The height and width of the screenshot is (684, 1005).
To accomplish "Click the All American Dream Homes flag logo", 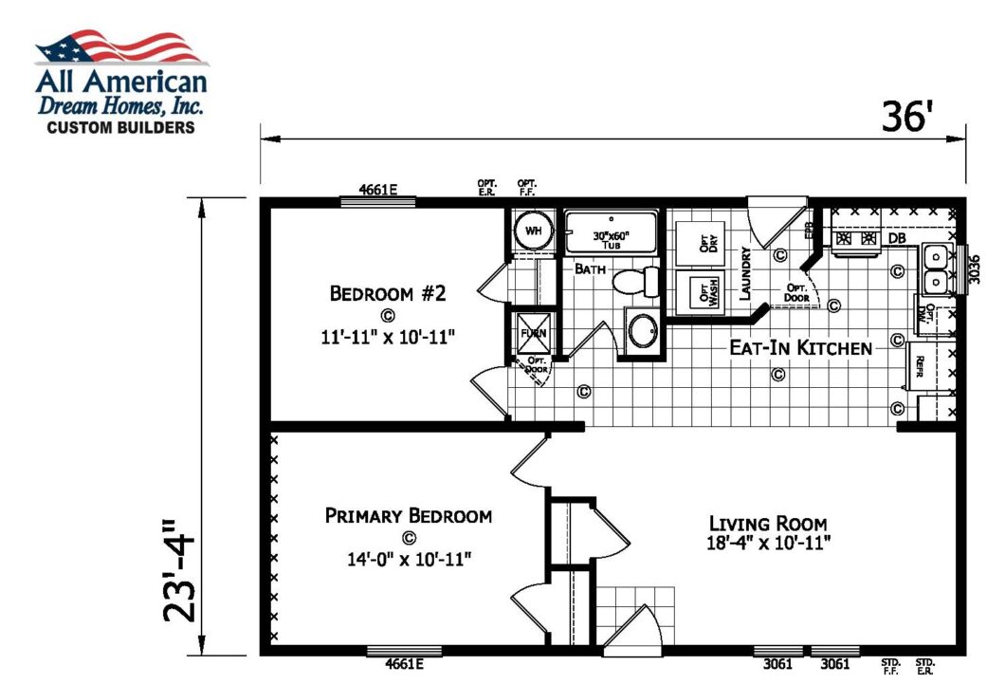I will pyautogui.click(x=120, y=47).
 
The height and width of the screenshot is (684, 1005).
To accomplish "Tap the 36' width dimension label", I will pyautogui.click(x=908, y=117).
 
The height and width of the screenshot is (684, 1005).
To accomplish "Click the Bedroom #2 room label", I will pyautogui.click(x=387, y=293).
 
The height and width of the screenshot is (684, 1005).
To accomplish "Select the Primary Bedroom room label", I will pyautogui.click(x=408, y=516).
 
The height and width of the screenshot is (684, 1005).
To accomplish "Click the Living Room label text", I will pyautogui.click(x=767, y=523).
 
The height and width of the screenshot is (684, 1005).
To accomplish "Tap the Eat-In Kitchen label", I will pyautogui.click(x=799, y=348).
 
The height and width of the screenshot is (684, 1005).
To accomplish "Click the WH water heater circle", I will pyautogui.click(x=533, y=231).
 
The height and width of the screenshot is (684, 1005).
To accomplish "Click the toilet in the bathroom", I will pyautogui.click(x=636, y=282).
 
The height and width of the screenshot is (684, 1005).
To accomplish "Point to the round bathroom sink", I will pyautogui.click(x=643, y=332).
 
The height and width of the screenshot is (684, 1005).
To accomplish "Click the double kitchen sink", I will pyautogui.click(x=935, y=269).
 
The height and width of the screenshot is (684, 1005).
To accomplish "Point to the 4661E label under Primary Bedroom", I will pyautogui.click(x=404, y=664).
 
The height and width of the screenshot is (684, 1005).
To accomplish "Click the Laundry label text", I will pyautogui.click(x=747, y=274).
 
